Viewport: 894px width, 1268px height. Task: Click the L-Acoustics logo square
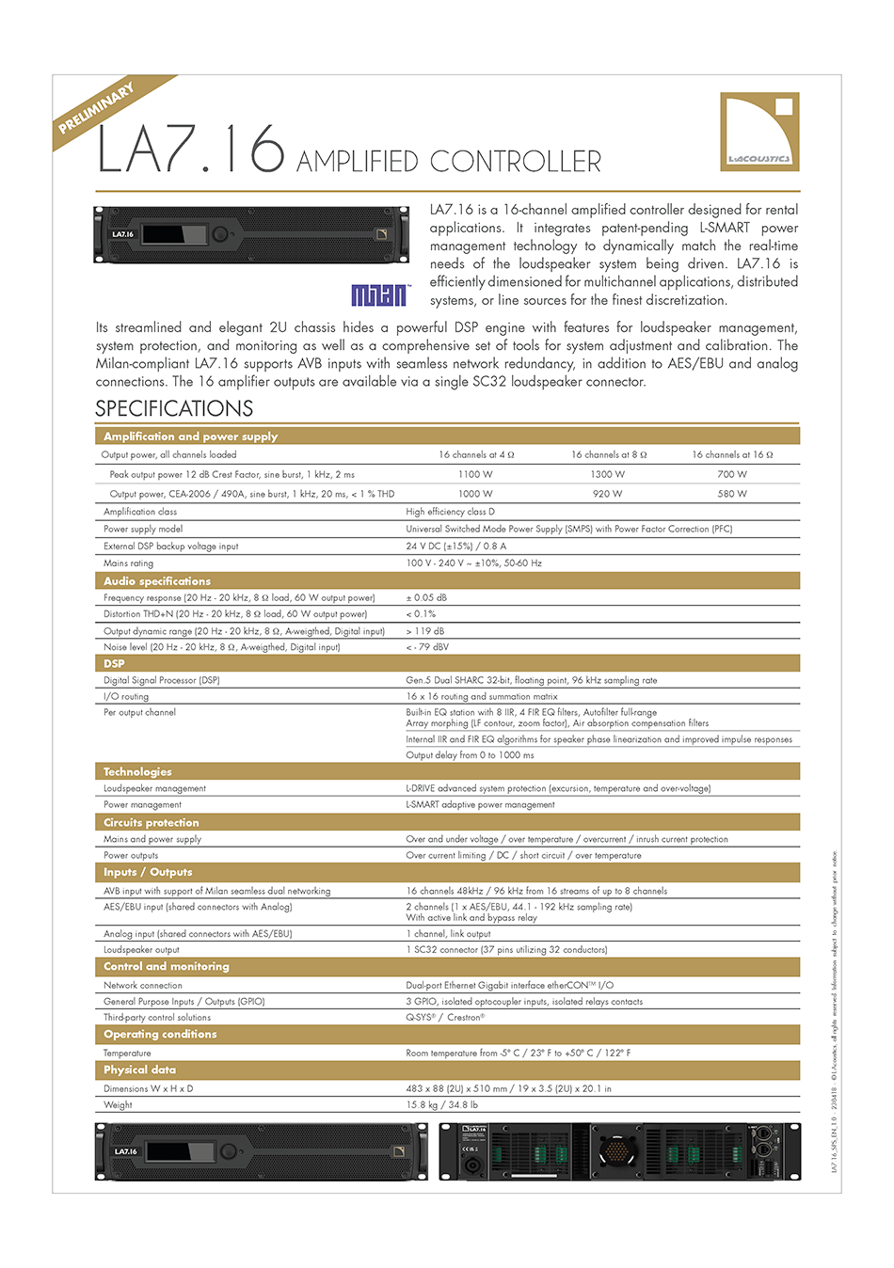click(x=759, y=132)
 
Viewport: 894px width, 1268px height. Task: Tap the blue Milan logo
click(x=379, y=295)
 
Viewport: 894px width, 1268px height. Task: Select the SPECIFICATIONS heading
click(x=174, y=408)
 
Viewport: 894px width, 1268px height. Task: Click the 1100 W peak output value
click(x=475, y=474)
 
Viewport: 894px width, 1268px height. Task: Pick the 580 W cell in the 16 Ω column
click(x=732, y=494)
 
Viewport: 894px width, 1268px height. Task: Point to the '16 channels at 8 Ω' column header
click(x=608, y=454)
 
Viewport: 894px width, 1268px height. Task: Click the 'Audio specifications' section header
click(x=157, y=581)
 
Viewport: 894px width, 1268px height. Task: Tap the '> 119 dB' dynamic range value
click(x=425, y=631)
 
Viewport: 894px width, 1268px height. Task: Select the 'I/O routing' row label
click(x=126, y=697)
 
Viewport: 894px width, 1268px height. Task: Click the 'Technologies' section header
click(x=137, y=771)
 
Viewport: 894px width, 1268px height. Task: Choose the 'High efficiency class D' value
click(x=450, y=512)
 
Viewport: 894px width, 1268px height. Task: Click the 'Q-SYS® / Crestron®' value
click(x=445, y=1017)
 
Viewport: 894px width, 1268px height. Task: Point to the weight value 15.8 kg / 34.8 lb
click(x=441, y=1105)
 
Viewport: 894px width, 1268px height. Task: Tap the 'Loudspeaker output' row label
click(x=141, y=950)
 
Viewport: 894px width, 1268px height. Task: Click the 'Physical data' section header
click(x=139, y=1070)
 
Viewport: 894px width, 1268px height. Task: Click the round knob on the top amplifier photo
click(x=220, y=234)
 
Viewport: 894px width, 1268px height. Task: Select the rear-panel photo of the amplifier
click(x=619, y=1150)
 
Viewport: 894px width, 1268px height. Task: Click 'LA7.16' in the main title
click(x=191, y=151)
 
